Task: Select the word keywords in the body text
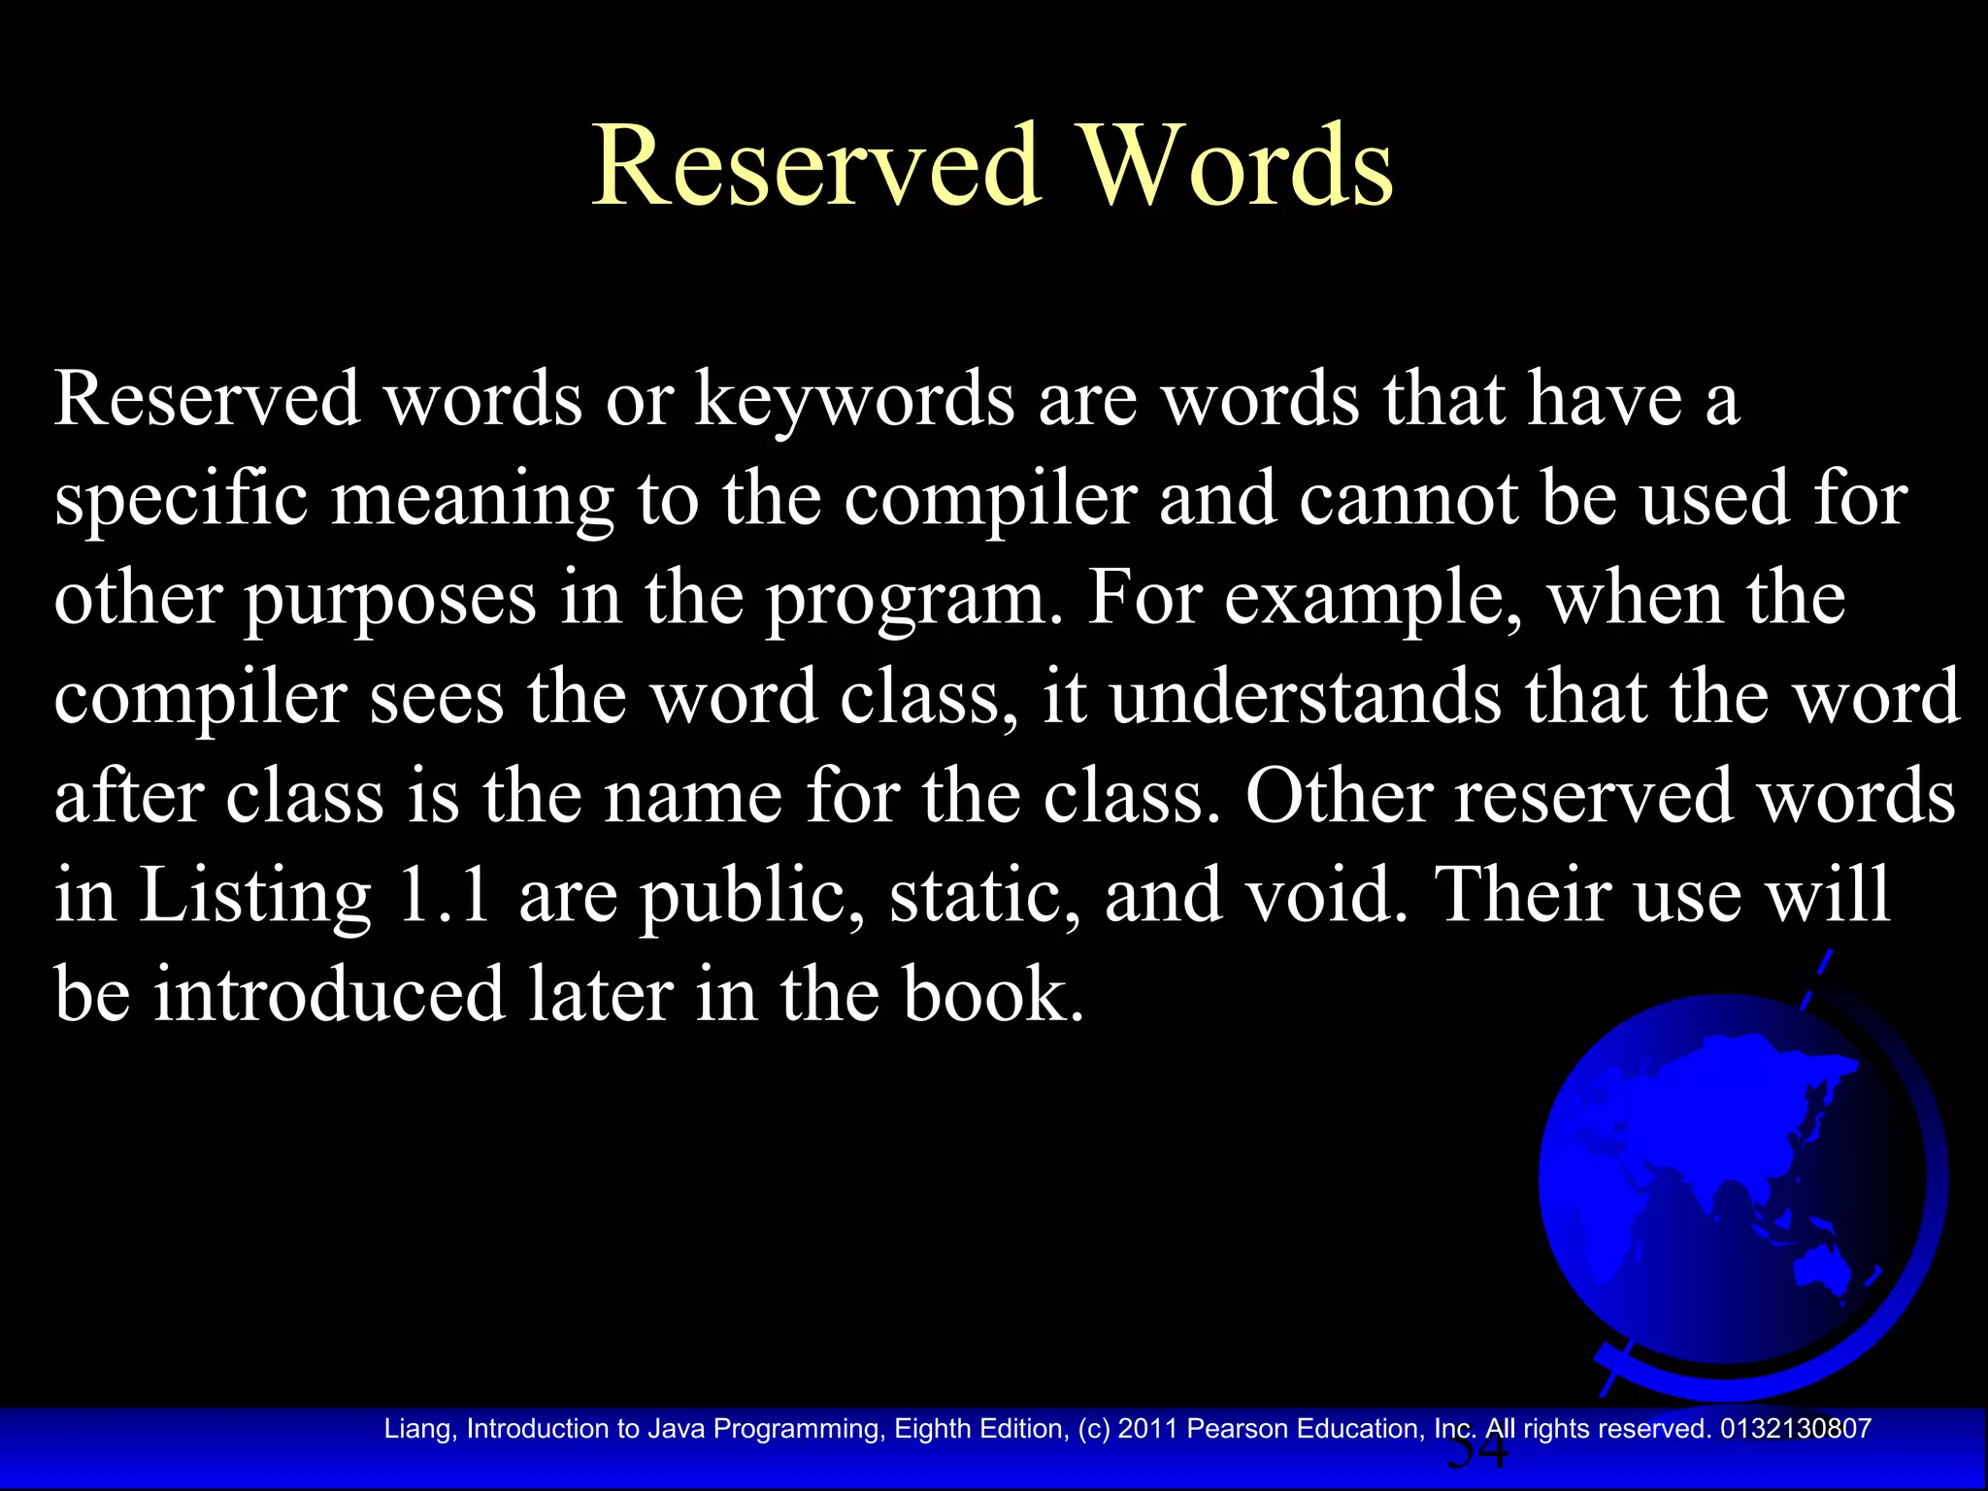(854, 400)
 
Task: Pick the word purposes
(389, 600)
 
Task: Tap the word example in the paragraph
(1372, 600)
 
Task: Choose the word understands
(1305, 697)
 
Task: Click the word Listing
(254, 895)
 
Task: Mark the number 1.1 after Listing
(444, 895)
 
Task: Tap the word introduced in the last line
(329, 994)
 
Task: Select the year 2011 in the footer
(1147, 1429)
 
